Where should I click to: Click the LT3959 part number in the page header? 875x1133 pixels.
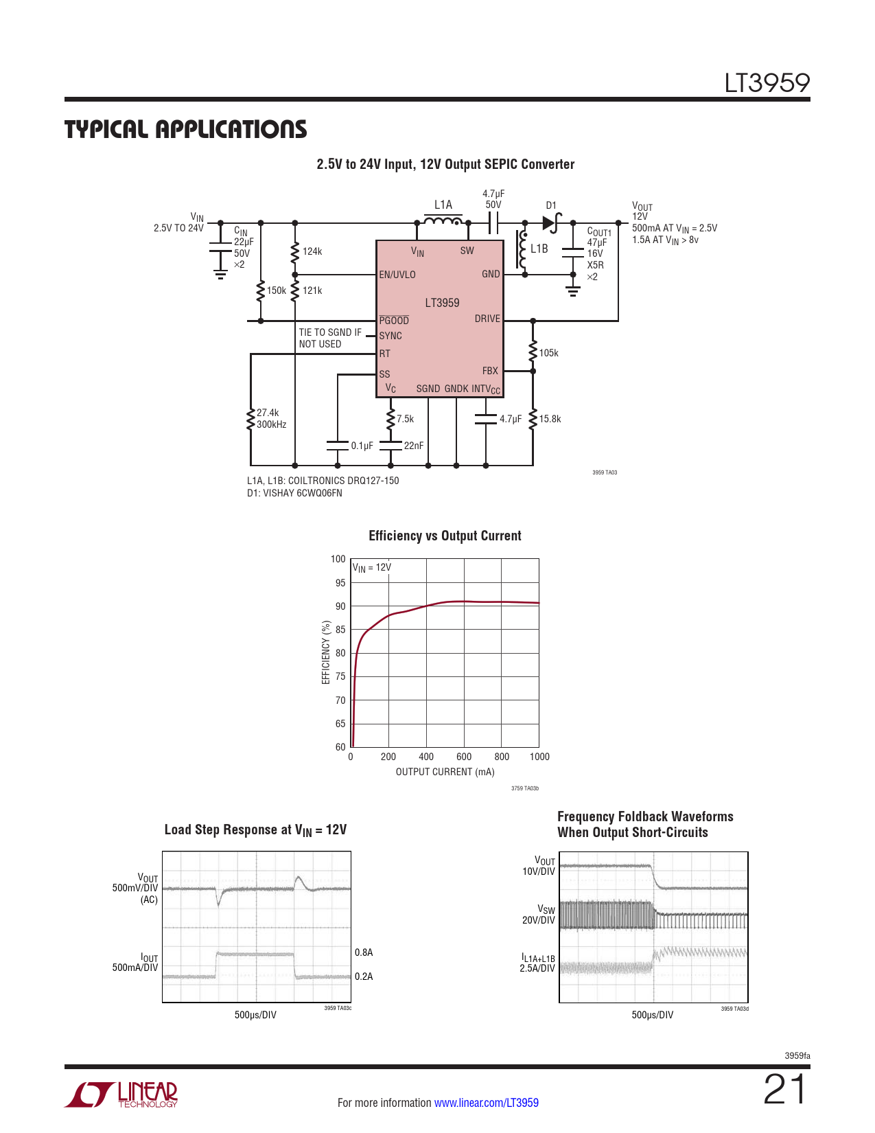pyautogui.click(x=767, y=83)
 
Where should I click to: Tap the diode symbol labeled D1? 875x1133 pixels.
pyautogui.click(x=551, y=222)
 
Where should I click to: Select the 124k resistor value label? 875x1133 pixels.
pyautogui.click(x=312, y=251)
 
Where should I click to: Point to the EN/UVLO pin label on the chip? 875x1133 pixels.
pyautogui.click(x=397, y=275)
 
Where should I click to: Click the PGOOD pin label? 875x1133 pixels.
pyautogui.click(x=393, y=321)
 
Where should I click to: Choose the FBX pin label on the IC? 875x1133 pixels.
pyautogui.click(x=490, y=371)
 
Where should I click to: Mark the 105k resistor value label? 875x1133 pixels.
pyautogui.click(x=548, y=353)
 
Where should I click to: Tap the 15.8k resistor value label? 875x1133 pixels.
pyautogui.click(x=550, y=419)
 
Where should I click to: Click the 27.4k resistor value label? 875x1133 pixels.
pyautogui.click(x=268, y=413)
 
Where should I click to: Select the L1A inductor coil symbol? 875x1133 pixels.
pyautogui.click(x=443, y=221)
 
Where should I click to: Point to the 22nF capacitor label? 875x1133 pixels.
pyautogui.click(x=413, y=446)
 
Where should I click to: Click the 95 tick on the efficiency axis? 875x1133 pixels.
pyautogui.click(x=340, y=583)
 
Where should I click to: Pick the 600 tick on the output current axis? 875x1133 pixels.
pyautogui.click(x=464, y=757)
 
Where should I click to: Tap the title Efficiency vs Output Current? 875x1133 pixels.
pyautogui.click(x=445, y=536)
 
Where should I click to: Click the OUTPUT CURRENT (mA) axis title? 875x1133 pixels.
pyautogui.click(x=445, y=772)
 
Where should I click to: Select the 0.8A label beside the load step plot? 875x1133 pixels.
pyautogui.click(x=363, y=952)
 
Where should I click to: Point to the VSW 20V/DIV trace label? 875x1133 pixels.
pyautogui.click(x=538, y=915)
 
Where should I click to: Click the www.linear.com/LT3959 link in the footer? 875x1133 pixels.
pyautogui.click(x=487, y=1103)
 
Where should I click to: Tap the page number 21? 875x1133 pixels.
pyautogui.click(x=785, y=1090)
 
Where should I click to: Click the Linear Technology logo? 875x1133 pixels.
pyautogui.click(x=121, y=1095)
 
